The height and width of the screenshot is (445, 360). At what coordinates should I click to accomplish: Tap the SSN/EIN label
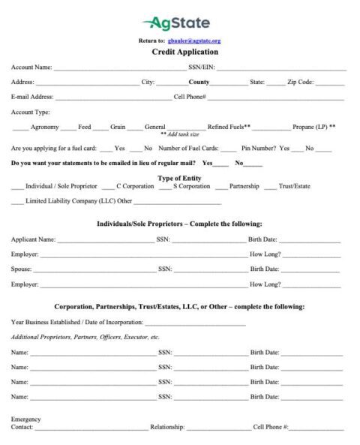pyautogui.click(x=202, y=68)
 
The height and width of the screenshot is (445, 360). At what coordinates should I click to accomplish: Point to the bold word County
pyautogui.click(x=199, y=82)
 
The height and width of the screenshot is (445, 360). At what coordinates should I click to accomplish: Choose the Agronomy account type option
pyautogui.click(x=44, y=127)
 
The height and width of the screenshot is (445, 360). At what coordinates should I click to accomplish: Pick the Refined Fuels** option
pyautogui.click(x=229, y=127)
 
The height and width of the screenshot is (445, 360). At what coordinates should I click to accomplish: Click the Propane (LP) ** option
pyautogui.click(x=313, y=127)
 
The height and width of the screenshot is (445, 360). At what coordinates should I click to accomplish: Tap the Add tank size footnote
pyautogui.click(x=180, y=134)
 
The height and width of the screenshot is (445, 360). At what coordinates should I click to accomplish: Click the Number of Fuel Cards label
pyautogui.click(x=188, y=149)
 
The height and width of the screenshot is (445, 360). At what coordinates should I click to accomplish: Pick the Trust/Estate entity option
pyautogui.click(x=294, y=186)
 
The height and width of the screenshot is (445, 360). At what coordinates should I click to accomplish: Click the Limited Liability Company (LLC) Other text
pyautogui.click(x=79, y=201)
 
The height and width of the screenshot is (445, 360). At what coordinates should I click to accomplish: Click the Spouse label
pyautogui.click(x=21, y=269)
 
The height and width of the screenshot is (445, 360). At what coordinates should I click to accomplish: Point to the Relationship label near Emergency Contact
pyautogui.click(x=167, y=427)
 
